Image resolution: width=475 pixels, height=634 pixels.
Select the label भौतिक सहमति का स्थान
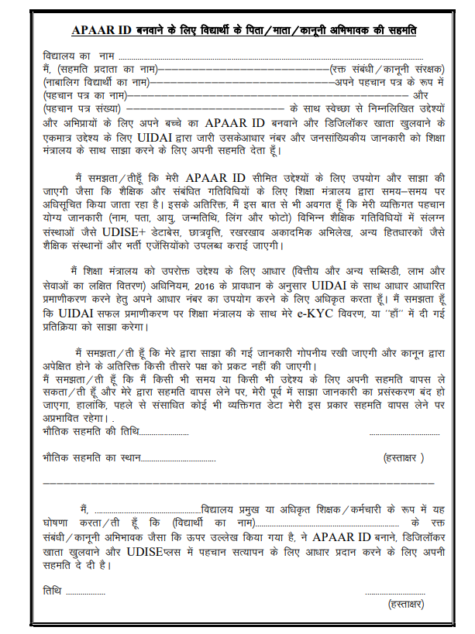pos(92,458)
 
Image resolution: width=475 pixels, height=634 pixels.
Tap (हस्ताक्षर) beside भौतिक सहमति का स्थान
pos(404,458)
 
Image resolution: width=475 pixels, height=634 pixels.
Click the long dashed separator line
pos(236,483)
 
